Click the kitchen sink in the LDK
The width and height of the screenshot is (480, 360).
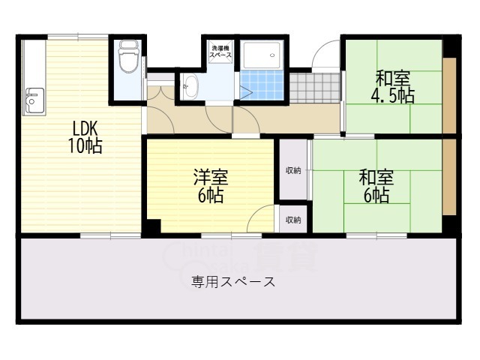point(34,100)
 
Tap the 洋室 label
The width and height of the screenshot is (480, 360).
point(211,178)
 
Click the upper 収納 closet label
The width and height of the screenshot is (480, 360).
point(293,170)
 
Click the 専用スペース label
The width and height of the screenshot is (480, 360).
point(232,282)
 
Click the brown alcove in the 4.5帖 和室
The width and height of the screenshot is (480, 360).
point(448,94)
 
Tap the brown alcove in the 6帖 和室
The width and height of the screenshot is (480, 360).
point(448,177)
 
